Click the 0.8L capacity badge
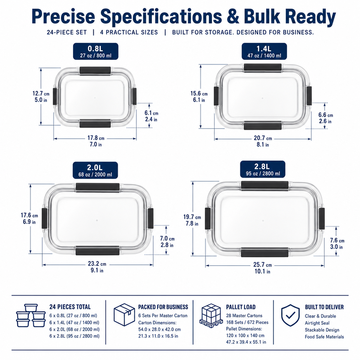pyautogui.click(x=96, y=51)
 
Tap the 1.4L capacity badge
pyautogui.click(x=264, y=51)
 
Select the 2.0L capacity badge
pyautogui.click(x=95, y=170)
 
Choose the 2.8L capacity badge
pyautogui.click(x=262, y=169)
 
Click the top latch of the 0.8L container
pyautogui.click(x=95, y=71)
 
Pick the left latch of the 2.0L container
pyautogui.click(x=44, y=218)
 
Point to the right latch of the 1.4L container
pyautogui.click(x=309, y=96)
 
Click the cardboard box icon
pyautogui.click(x=124, y=315)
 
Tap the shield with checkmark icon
pyautogui.click(x=290, y=315)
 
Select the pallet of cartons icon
pyautogui.click(x=211, y=315)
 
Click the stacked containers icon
pyautogui.click(x=31, y=316)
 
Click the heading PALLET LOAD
pyautogui.click(x=241, y=307)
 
